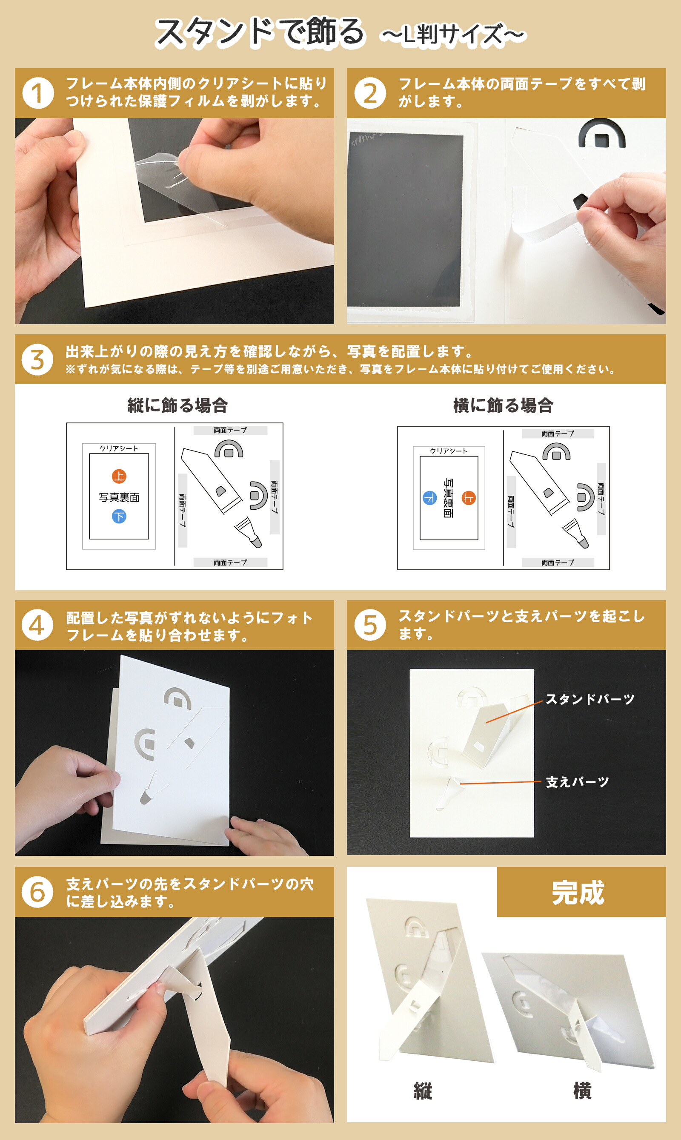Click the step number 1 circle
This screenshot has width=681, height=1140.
[x=38, y=93]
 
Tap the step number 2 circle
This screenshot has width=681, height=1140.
[x=370, y=93]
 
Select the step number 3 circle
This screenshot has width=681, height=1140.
[x=37, y=359]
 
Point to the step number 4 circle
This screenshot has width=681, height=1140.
[x=37, y=625]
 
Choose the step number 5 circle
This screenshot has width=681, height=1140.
[x=370, y=625]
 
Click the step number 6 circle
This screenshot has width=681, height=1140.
[x=37, y=892]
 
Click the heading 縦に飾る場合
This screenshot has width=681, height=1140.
[x=177, y=405]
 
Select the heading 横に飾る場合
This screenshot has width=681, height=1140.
[x=504, y=405]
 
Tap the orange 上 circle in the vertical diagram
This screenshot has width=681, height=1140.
[x=119, y=476]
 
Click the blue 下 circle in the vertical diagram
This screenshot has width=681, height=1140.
[x=119, y=517]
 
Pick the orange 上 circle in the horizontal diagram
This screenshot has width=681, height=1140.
[x=469, y=498]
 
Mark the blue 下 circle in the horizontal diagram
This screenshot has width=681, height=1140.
[x=429, y=498]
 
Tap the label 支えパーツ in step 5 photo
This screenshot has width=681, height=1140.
[x=577, y=782]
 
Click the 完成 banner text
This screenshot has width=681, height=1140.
[x=578, y=893]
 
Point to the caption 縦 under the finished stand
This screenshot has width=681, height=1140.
[x=423, y=1091]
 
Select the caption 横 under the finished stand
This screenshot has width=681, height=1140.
[x=582, y=1091]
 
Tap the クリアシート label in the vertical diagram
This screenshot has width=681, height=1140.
[x=119, y=448]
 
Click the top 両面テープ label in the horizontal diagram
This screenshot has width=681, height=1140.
[x=558, y=434]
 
